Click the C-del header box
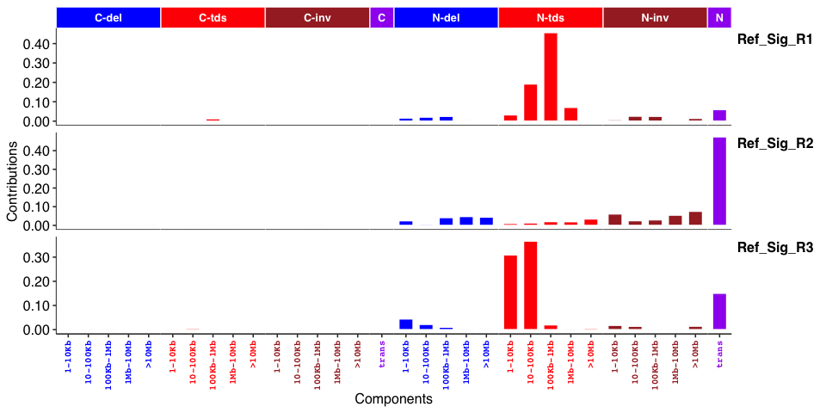tap(108, 17)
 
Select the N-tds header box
tap(551, 17)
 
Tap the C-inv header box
tap(317, 17)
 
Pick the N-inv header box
tap(655, 17)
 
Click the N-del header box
tap(446, 17)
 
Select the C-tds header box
tap(213, 17)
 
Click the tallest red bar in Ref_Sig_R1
tap(551, 77)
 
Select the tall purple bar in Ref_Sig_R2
tap(719, 182)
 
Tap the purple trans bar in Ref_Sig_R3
tap(719, 311)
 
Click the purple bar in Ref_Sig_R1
tap(719, 115)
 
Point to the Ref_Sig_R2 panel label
tap(775, 144)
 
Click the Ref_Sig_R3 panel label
tap(775, 248)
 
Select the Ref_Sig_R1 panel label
tap(775, 40)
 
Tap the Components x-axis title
tap(393, 399)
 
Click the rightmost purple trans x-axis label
tap(719, 354)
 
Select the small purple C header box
tap(381, 17)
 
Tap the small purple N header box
tap(719, 17)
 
